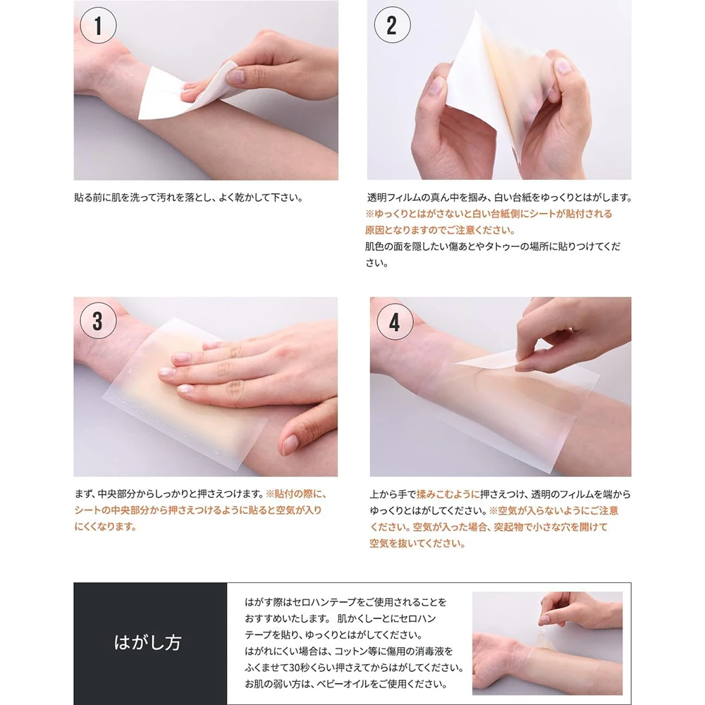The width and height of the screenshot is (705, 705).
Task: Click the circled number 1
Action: [98, 25]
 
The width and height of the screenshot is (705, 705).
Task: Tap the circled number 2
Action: [392, 25]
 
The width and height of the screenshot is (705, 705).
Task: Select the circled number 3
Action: [98, 321]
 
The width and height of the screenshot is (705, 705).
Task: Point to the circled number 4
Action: [395, 321]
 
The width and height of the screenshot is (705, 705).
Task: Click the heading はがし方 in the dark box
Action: [147, 643]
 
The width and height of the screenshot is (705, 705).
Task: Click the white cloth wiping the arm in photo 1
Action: [184, 92]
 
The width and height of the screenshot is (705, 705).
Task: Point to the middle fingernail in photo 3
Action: [167, 372]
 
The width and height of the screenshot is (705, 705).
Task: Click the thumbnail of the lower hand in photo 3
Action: [289, 444]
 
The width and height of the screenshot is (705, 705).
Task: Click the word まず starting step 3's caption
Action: [83, 493]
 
